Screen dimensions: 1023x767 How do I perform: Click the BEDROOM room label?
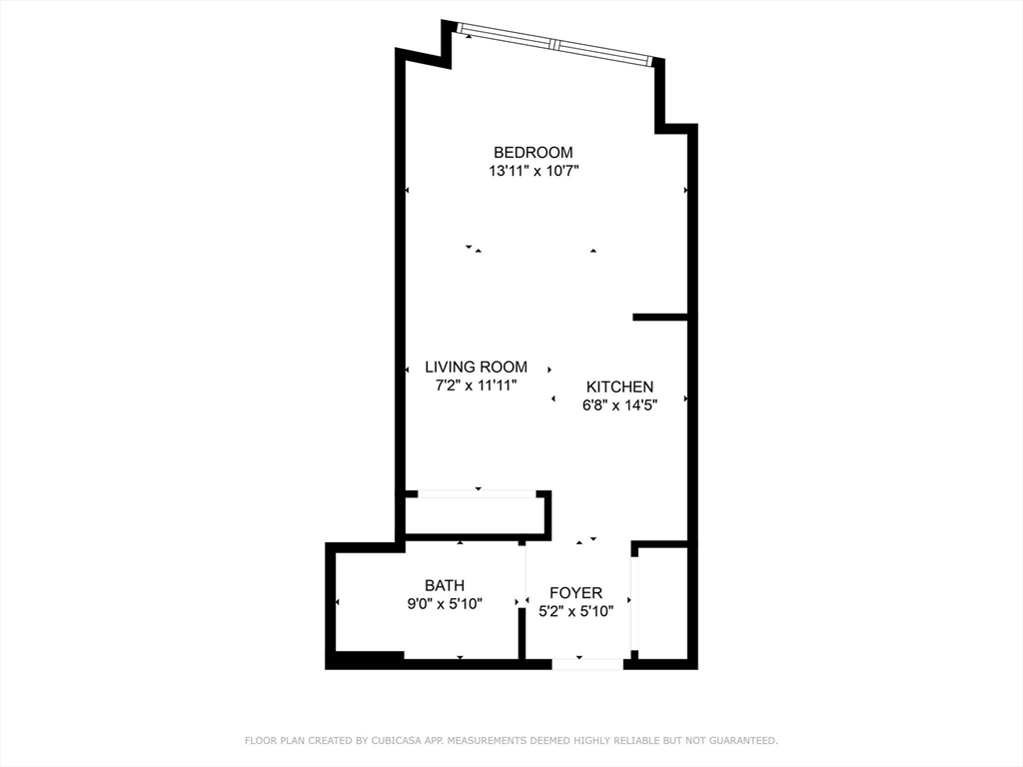tap(533, 153)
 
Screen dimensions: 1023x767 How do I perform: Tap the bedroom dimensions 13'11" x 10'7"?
tap(534, 172)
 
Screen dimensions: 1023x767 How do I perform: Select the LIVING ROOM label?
tap(477, 368)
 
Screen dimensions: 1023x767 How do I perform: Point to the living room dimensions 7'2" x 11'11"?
tap(477, 385)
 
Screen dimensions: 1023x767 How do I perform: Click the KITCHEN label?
tap(619, 386)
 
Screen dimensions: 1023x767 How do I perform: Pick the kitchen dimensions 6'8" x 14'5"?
tap(619, 405)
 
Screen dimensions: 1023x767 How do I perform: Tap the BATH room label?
tap(445, 585)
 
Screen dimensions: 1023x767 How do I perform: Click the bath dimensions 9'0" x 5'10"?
tap(445, 604)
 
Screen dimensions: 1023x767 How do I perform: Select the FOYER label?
tap(576, 593)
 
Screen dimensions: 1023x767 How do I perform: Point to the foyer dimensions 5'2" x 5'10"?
tap(576, 612)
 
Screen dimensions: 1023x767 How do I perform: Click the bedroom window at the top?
tap(554, 44)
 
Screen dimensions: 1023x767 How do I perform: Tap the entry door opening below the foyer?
tap(587, 664)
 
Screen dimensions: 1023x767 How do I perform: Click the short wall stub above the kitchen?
tap(660, 318)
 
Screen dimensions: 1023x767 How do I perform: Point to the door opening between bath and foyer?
tap(522, 574)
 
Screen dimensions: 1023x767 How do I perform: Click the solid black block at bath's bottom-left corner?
tap(366, 660)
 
